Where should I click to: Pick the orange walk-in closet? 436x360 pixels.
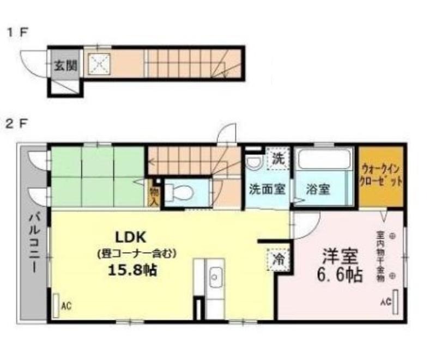[x=381, y=175]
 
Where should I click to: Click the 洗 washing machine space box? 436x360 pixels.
[x=278, y=159]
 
